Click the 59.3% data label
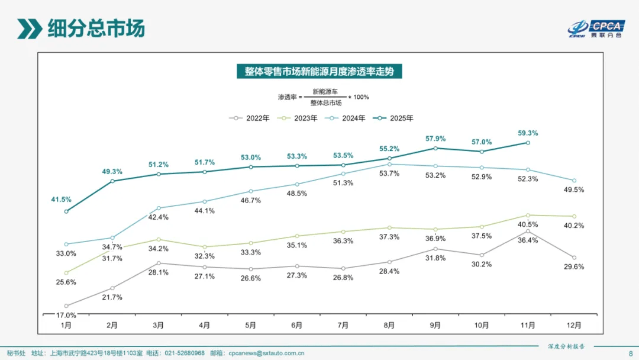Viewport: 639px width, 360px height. (528, 133)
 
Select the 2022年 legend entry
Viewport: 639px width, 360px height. (250, 118)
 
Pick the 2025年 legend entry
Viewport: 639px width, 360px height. (393, 118)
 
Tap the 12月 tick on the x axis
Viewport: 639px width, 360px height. (574, 325)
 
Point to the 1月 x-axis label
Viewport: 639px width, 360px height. (66, 325)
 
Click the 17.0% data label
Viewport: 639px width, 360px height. (66, 315)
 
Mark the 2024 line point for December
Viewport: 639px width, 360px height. (574, 181)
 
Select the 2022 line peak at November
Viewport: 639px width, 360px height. (528, 231)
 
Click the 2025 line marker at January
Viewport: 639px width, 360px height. (66, 211)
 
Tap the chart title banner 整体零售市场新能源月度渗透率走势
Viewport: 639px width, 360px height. (319, 72)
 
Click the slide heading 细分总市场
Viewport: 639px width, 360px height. (96, 28)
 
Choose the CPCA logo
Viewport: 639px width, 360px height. (596, 28)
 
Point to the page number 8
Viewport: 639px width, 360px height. (630, 353)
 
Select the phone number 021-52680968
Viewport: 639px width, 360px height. (184, 353)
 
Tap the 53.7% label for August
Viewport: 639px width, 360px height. (389, 173)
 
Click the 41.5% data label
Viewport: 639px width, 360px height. (61, 200)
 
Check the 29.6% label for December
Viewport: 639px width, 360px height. (574, 266)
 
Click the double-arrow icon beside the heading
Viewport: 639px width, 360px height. (29, 28)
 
